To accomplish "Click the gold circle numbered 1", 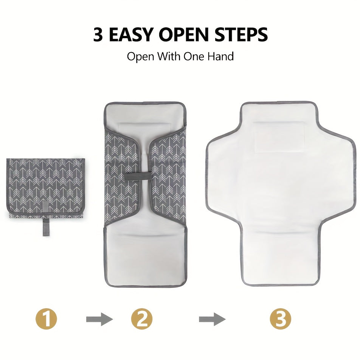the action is [46, 319].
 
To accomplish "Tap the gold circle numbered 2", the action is [142, 319].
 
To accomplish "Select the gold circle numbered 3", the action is [280, 319].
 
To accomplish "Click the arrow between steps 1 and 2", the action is [99, 319].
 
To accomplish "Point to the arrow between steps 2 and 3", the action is [212, 319].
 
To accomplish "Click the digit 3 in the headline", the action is [98, 35].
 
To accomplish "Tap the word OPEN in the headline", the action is [184, 35].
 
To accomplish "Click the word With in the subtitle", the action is [169, 56].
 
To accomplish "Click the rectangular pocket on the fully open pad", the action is [279, 137].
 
